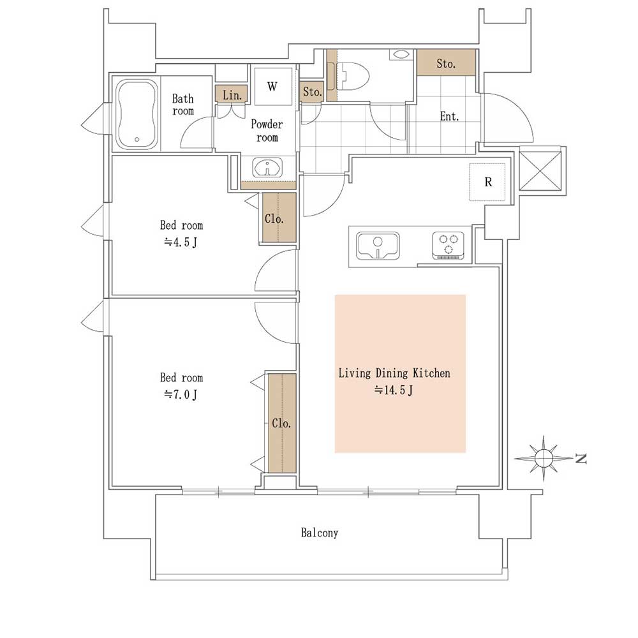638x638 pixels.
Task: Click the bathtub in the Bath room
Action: click(137, 114)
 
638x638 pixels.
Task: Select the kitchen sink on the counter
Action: click(378, 246)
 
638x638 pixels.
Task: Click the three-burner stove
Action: click(448, 246)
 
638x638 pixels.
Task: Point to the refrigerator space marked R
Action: click(487, 182)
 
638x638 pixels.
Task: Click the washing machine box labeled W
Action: click(273, 86)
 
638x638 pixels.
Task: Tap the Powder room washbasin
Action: click(267, 168)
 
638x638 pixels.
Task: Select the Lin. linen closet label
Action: click(232, 95)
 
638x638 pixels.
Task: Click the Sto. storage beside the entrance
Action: click(447, 63)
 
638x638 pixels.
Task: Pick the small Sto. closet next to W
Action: click(312, 91)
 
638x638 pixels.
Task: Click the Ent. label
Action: click(449, 116)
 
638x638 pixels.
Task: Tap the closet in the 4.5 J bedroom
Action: click(279, 218)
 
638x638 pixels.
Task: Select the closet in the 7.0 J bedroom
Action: click(282, 423)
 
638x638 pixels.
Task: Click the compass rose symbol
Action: click(543, 458)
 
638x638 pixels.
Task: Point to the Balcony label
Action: click(320, 533)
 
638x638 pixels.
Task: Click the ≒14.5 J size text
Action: click(394, 390)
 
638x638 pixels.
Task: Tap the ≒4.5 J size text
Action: click(181, 242)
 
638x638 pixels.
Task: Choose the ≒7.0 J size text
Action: click(181, 394)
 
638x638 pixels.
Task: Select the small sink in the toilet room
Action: click(401, 54)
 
